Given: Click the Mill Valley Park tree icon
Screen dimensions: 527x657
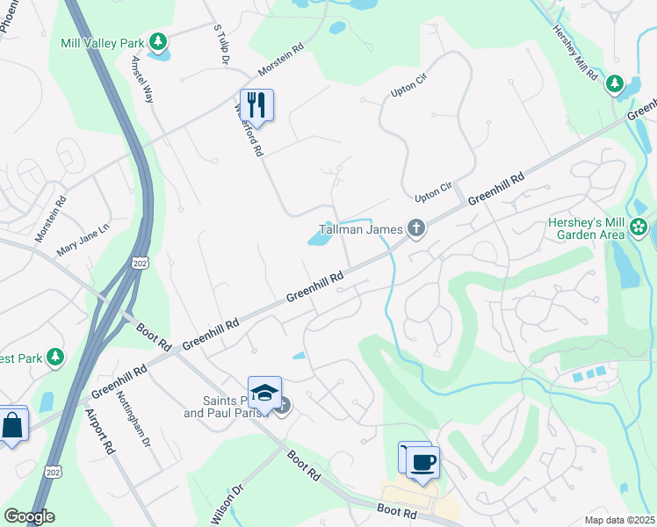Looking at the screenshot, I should point(157,41).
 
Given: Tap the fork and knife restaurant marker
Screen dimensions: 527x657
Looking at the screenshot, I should point(256,105).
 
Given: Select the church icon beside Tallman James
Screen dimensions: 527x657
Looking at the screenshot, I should point(416,230).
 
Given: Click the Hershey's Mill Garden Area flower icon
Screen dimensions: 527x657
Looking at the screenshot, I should point(639,229).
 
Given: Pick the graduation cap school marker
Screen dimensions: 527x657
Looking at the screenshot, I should point(264,392).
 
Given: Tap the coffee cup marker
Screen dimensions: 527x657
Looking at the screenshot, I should point(422,461).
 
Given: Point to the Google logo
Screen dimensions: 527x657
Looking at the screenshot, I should point(29,516).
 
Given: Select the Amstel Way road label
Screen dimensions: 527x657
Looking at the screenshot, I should point(141,80).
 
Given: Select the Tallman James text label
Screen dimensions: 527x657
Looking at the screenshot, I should point(355,230).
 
